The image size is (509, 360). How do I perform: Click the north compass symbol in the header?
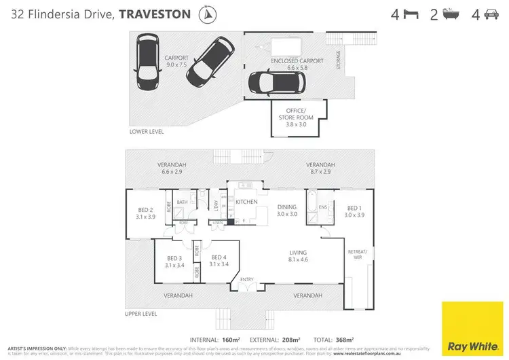click(206, 13)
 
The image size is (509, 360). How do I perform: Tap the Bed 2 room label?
click(146, 213)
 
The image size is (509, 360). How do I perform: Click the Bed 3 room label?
click(174, 262)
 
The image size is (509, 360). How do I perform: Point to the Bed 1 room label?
click(355, 211)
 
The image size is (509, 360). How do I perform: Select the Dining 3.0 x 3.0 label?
click(286, 211)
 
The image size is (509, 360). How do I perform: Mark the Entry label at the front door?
click(246, 279)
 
